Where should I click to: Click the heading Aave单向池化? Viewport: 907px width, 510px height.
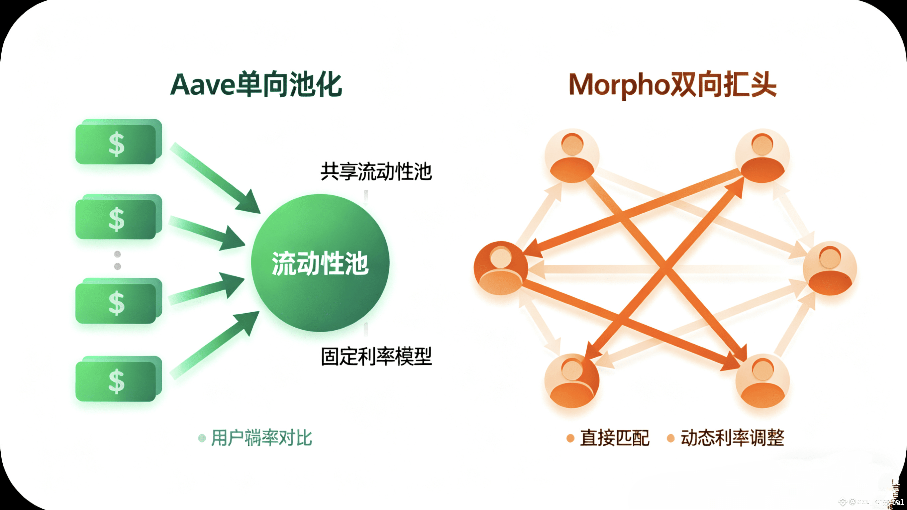256,84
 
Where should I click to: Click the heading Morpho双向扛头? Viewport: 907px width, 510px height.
672,84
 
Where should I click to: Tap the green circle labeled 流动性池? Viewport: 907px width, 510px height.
320,263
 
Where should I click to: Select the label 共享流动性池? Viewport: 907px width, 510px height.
376,171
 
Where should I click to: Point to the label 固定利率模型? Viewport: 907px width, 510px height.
376,356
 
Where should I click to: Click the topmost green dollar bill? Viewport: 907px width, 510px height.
118,142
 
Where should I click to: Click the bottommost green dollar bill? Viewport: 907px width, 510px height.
118,379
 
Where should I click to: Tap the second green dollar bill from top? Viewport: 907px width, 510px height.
118,217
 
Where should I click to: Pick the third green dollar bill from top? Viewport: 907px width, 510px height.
118,301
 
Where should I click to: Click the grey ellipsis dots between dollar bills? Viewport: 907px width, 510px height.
118,260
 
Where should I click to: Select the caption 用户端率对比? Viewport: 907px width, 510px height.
261,438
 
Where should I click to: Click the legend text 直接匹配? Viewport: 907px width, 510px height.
614,438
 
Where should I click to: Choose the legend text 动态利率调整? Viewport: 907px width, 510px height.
732,438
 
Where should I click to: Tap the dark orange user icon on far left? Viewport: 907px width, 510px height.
500,268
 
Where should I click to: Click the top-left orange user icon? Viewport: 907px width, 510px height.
572,156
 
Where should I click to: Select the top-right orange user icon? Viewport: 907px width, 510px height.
762,156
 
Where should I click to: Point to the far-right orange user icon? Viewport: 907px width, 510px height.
830,268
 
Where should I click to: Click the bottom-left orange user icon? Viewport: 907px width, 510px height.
572,381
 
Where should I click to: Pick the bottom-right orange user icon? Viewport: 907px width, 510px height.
762,381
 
